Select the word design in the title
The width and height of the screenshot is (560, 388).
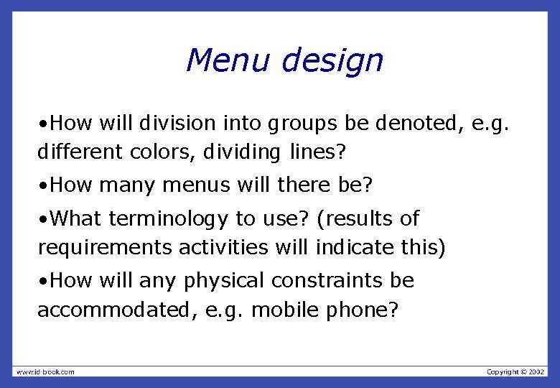coord(332,62)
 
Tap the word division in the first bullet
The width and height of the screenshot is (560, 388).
coord(177,124)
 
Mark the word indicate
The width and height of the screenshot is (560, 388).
coord(355,248)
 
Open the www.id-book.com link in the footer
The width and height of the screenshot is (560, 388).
coord(45,371)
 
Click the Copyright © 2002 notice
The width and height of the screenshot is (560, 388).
coord(515,371)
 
